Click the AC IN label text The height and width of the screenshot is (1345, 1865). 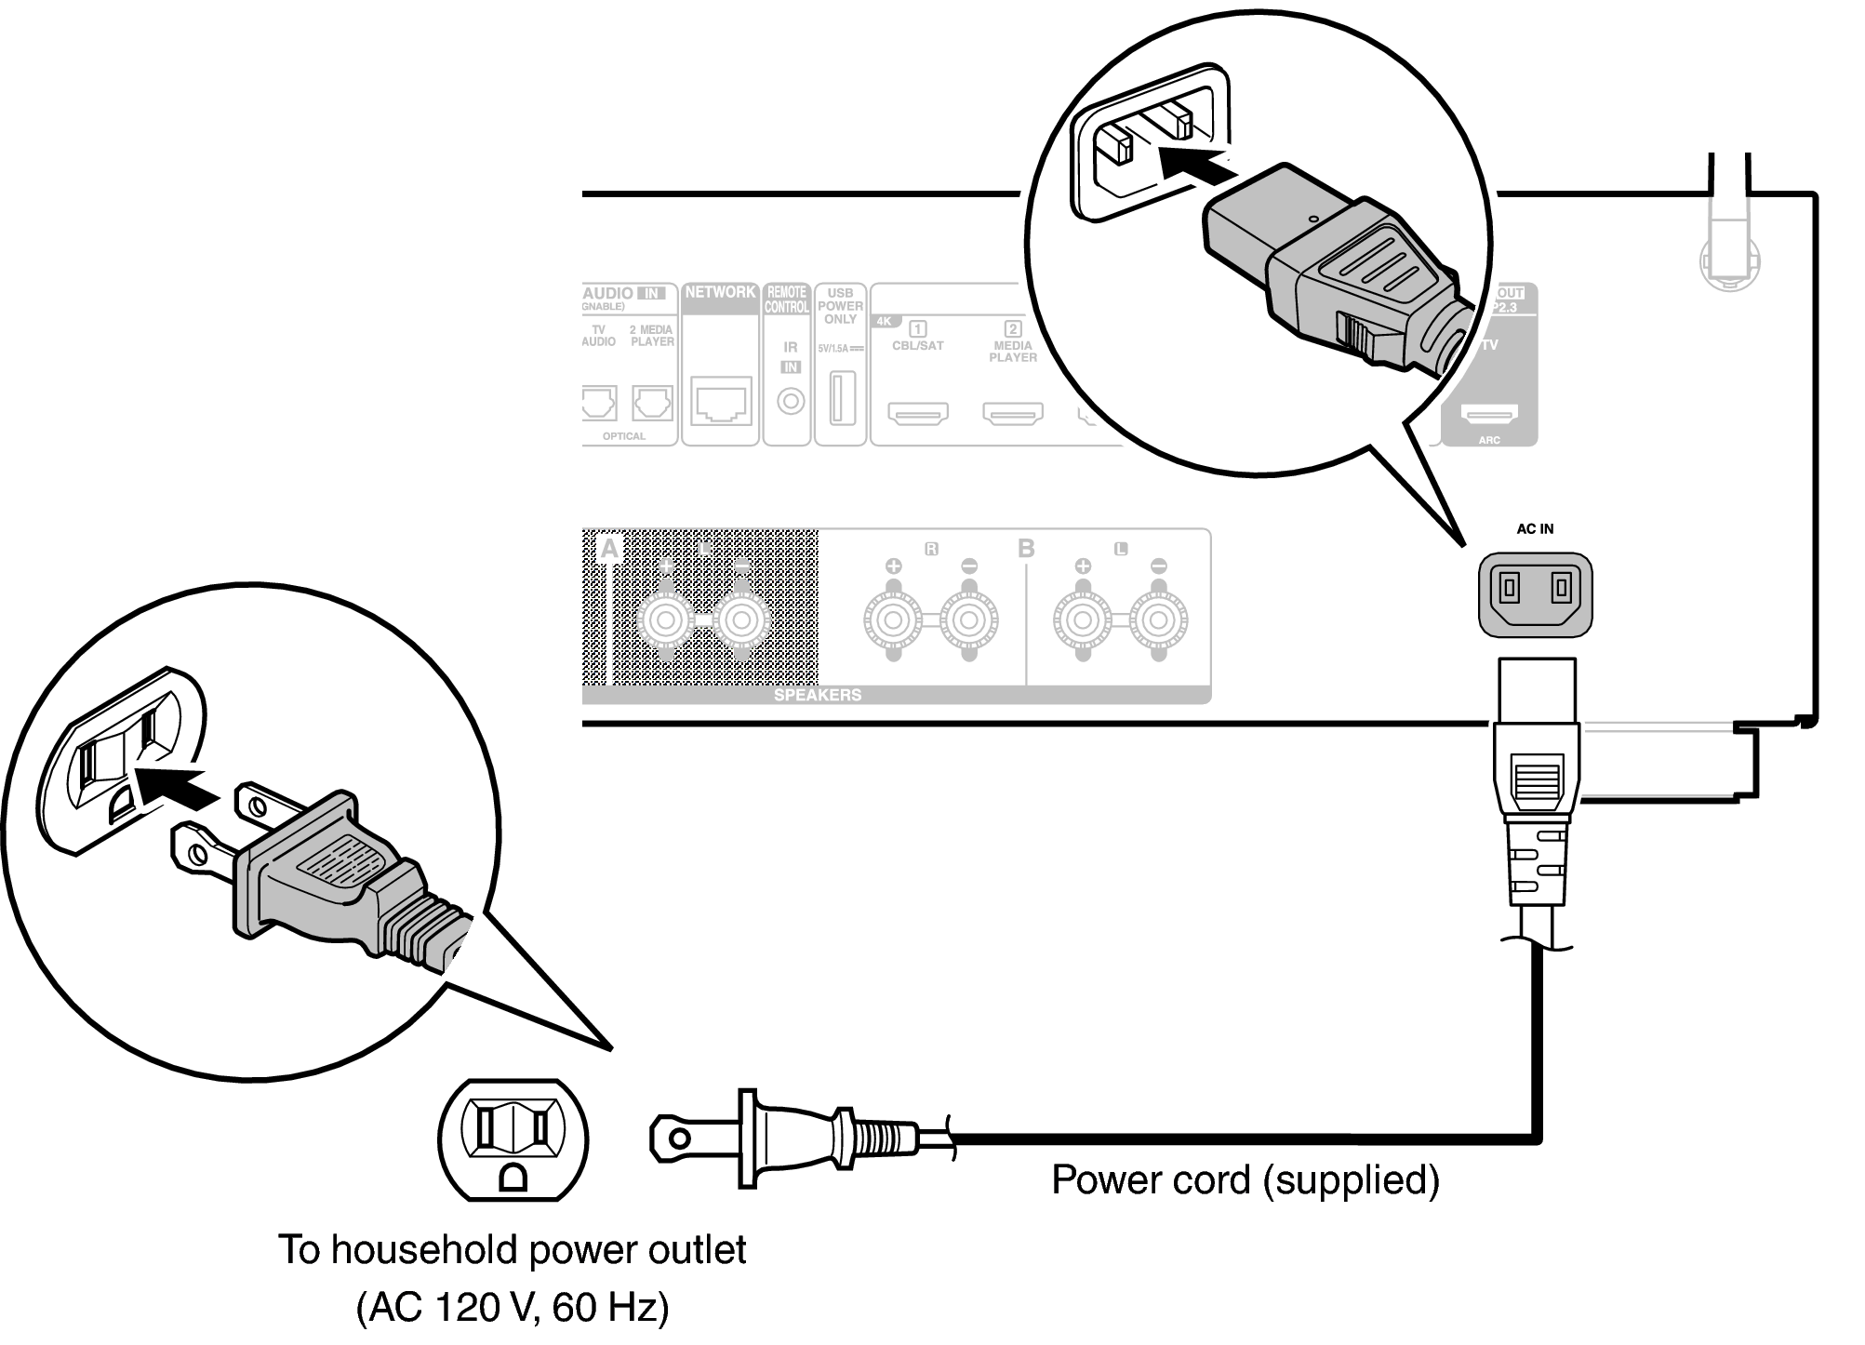pos(1535,529)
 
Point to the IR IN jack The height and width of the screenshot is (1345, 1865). pos(791,401)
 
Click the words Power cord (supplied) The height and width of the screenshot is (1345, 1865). pos(1246,1180)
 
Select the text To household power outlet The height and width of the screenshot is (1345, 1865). pos(512,1249)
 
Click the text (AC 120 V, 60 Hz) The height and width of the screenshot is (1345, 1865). pos(513,1308)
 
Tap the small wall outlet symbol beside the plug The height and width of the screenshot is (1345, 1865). pos(513,1139)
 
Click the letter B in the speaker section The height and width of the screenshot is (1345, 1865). pos(1026,549)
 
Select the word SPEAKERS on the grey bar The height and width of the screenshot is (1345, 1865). pos(818,695)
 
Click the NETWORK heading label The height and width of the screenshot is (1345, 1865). pos(720,292)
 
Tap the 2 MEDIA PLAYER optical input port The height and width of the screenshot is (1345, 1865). pos(652,403)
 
